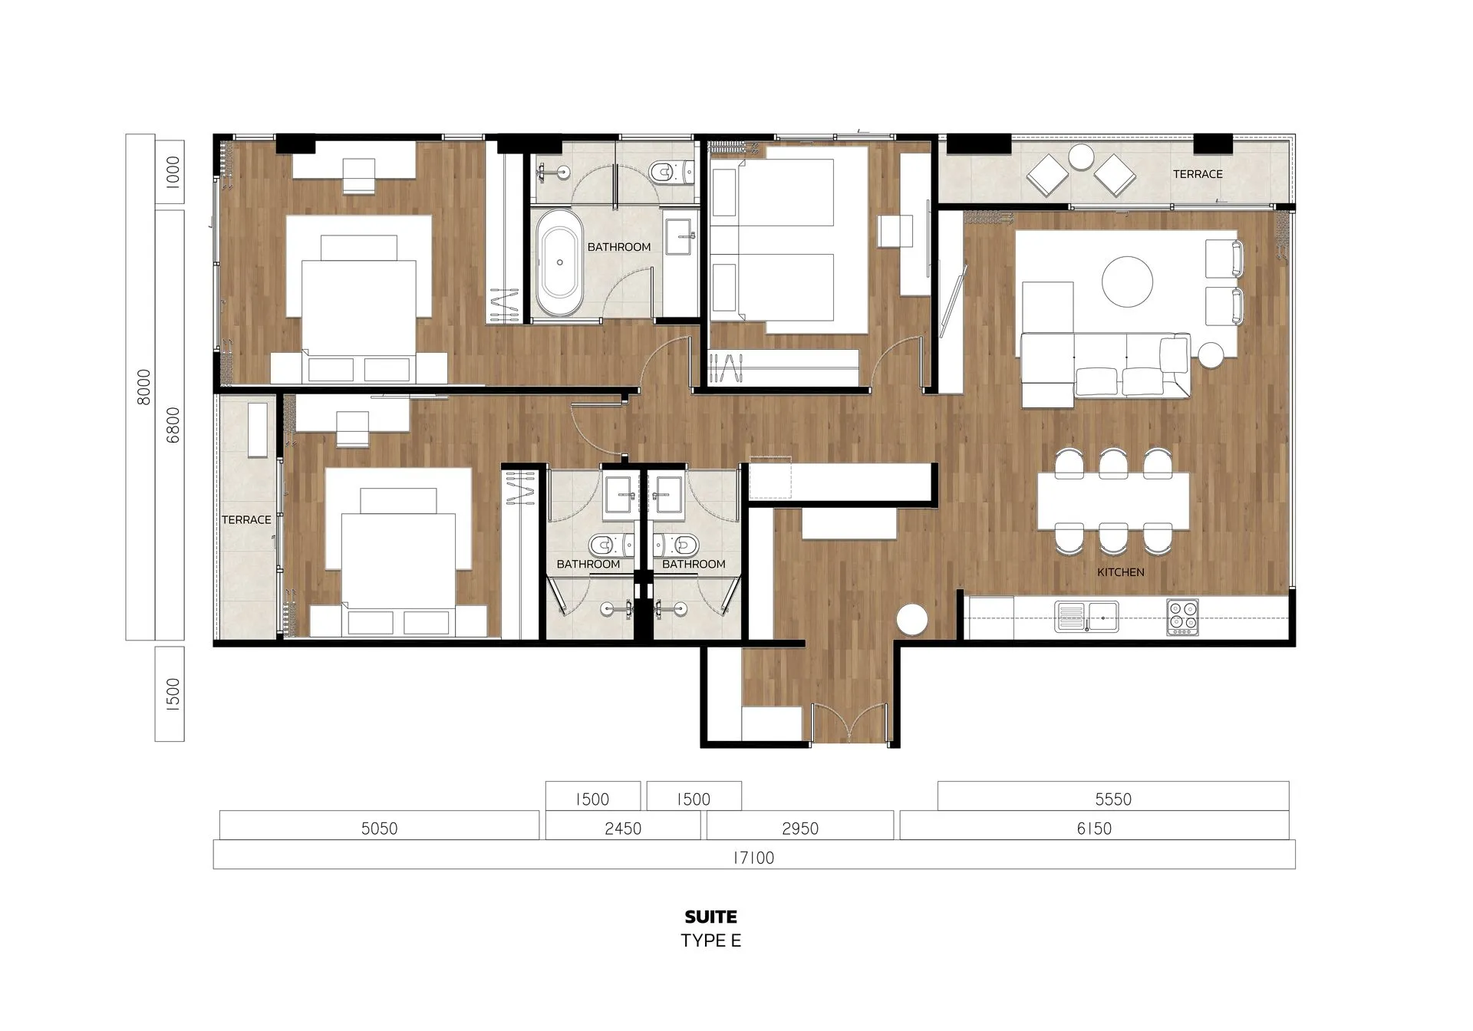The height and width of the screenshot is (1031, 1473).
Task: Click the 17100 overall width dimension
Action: point(753,858)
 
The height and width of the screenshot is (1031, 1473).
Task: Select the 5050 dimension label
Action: point(379,828)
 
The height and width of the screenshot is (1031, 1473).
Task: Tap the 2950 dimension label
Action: point(799,828)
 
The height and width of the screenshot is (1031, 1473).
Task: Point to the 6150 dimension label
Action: point(1094,828)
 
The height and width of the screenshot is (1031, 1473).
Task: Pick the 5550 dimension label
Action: point(1113,799)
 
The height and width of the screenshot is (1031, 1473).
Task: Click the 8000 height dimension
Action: point(143,387)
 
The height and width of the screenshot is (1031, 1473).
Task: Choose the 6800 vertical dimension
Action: point(173,425)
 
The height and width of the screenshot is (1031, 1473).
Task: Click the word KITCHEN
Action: point(1120,572)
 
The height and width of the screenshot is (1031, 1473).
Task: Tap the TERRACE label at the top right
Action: point(1198,174)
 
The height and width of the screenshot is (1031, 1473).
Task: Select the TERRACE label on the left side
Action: point(246,520)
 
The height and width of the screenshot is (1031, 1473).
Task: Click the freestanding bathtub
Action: point(559,262)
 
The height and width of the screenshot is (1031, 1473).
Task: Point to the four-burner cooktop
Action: point(1182,617)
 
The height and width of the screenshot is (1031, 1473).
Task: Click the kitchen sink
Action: point(1086,616)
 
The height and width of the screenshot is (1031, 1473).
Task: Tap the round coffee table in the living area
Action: point(1127,282)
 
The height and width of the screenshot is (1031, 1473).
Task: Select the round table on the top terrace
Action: point(1081,157)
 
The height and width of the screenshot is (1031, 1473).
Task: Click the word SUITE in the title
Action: point(710,917)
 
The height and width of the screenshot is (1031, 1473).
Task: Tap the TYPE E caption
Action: point(710,940)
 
